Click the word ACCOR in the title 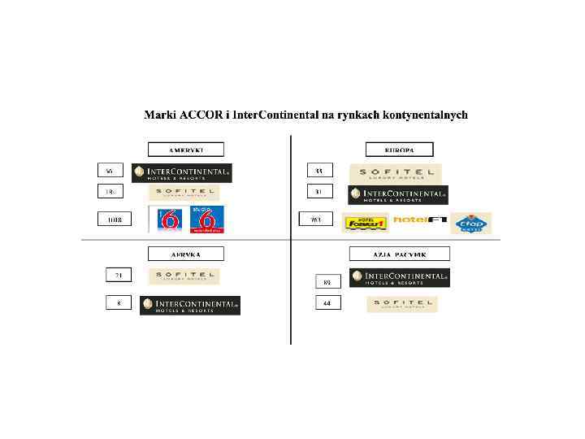tap(196, 115)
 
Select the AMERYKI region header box tap(185, 150)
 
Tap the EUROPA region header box tap(398, 150)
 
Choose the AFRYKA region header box tap(185, 254)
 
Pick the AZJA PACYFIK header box tap(399, 254)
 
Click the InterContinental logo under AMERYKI tap(182, 172)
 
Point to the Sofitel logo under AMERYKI tap(184, 193)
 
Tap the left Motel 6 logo tap(169, 219)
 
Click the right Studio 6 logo tap(206, 219)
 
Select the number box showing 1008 tap(115, 219)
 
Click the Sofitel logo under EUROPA tap(396, 172)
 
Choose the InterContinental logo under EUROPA tap(398, 195)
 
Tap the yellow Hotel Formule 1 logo tap(366, 222)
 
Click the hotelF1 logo tap(419, 220)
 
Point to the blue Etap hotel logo tap(471, 223)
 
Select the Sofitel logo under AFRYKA tap(184, 276)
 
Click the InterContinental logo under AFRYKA tap(190, 305)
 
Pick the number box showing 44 tap(327, 303)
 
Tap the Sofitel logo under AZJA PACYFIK tap(401, 304)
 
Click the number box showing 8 tap(119, 303)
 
